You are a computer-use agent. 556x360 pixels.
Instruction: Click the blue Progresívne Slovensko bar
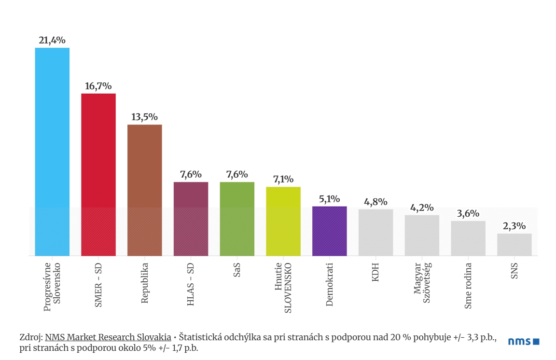pyautogui.click(x=52, y=152)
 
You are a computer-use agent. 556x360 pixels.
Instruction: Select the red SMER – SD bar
pyautogui.click(x=98, y=174)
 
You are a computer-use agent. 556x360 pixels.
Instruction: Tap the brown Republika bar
pyautogui.click(x=145, y=190)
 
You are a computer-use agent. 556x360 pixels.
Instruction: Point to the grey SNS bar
pyautogui.click(x=514, y=245)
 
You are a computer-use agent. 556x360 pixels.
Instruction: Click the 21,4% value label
pyautogui.click(x=52, y=41)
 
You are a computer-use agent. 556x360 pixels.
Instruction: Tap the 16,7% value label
pyautogui.click(x=98, y=86)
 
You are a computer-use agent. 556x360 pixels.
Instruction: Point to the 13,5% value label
pyautogui.click(x=145, y=117)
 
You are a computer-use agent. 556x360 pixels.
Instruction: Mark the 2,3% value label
pyautogui.click(x=514, y=226)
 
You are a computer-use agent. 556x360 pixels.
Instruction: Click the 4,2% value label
pyautogui.click(x=422, y=208)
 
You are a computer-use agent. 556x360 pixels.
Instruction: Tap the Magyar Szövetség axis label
pyautogui.click(x=422, y=283)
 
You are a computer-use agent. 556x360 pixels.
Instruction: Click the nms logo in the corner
pyautogui.click(x=524, y=342)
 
